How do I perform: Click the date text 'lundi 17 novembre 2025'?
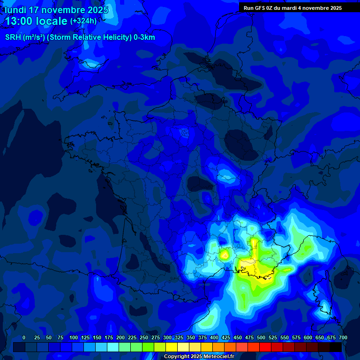pyautogui.click(x=56, y=10)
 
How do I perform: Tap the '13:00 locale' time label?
pyautogui.click(x=36, y=22)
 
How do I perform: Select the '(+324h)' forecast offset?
pyautogui.click(x=83, y=21)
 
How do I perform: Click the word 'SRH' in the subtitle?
pyautogui.click(x=14, y=37)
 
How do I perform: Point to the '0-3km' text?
pyautogui.click(x=144, y=37)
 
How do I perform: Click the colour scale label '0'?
pyautogui.click(x=24, y=337)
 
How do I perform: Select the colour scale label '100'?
pyautogui.click(x=74, y=337)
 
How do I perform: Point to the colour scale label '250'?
pyautogui.click(x=144, y=337)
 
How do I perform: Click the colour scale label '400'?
pyautogui.click(x=214, y=337)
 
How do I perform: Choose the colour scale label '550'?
pyautogui.click(x=285, y=337)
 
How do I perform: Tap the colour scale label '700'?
pyautogui.click(x=343, y=337)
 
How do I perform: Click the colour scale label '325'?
pyautogui.click(x=179, y=337)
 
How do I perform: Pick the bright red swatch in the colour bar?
pyautogui.click(x=265, y=347)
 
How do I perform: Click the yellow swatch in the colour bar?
pyautogui.click(x=172, y=347)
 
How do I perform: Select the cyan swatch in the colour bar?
pyautogui.click(x=113, y=347)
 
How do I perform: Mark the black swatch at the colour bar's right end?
pyautogui.click(x=336, y=347)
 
